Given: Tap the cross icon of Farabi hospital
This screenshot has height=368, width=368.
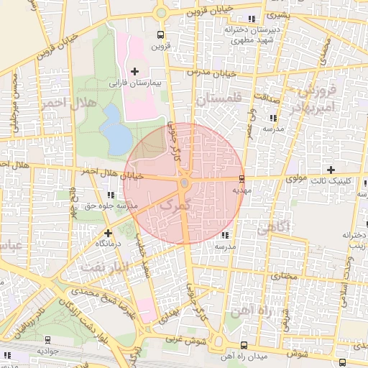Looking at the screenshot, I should coord(134,70).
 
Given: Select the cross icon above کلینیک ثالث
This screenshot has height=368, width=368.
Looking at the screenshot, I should coord(331,170).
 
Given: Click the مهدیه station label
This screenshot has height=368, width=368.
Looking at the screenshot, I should coord(241,190).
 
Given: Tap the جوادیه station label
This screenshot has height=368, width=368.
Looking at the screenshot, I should coord(47,351).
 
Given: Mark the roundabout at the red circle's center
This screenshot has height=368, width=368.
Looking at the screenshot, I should coord(184,184).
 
